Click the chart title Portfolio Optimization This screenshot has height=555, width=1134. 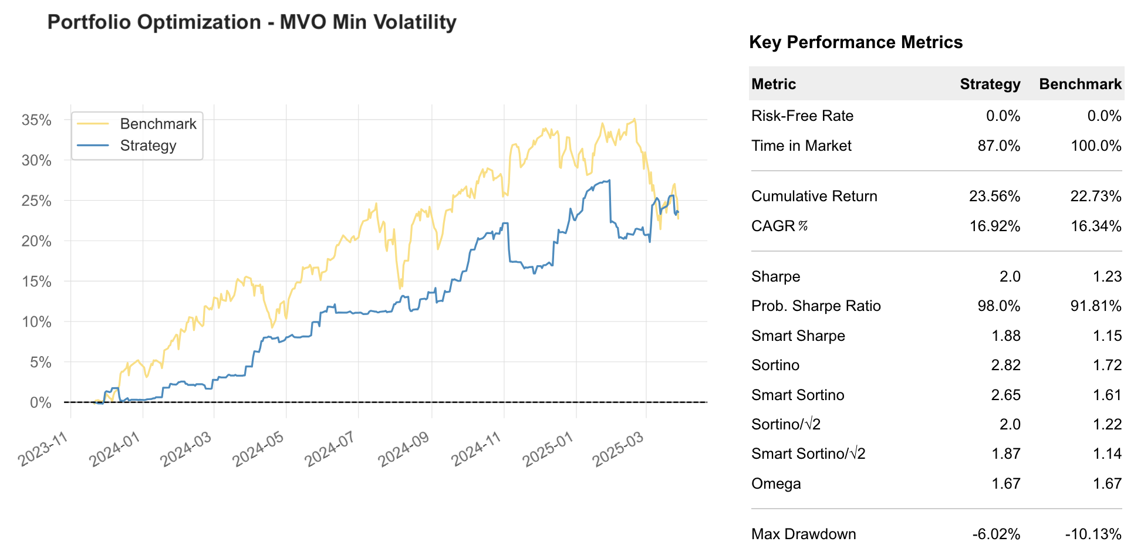pyautogui.click(x=251, y=22)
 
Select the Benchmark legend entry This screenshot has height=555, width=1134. pyautogui.click(x=158, y=124)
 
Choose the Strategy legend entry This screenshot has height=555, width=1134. pyautogui.click(x=148, y=145)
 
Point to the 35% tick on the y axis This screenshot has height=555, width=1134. pyautogui.click(x=36, y=120)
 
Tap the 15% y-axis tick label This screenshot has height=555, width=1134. pyautogui.click(x=36, y=282)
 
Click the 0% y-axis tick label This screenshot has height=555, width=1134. pyautogui.click(x=41, y=402)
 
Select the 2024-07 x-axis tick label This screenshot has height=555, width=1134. pyautogui.click(x=330, y=449)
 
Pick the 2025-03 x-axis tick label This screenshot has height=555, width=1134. pyautogui.click(x=618, y=449)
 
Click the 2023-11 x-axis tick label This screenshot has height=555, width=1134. pyautogui.click(x=43, y=449)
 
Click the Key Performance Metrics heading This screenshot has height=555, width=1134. pyautogui.click(x=855, y=42)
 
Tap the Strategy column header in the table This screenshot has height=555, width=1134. pyautogui.click(x=990, y=84)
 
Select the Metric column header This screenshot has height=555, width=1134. pyautogui.click(x=773, y=84)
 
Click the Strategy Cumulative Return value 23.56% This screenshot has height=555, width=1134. pyautogui.click(x=994, y=196)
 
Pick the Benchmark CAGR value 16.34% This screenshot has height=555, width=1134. pyautogui.click(x=1095, y=226)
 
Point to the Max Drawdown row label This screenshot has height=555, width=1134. pyautogui.click(x=803, y=534)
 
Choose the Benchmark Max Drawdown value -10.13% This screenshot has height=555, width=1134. pyautogui.click(x=1093, y=534)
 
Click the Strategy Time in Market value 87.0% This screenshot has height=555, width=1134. pyautogui.click(x=998, y=145)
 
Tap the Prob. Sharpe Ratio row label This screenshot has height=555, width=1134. pyautogui.click(x=815, y=306)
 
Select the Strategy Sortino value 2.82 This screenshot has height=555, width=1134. pyautogui.click(x=1005, y=365)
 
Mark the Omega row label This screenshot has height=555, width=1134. pyautogui.click(x=775, y=483)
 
